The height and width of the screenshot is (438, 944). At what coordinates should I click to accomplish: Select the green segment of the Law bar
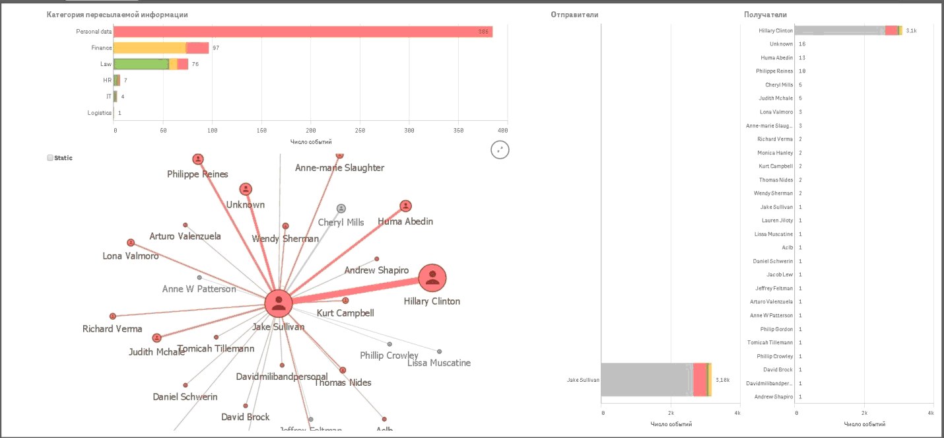[x=141, y=64]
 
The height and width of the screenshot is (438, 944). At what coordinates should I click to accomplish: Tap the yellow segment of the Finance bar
[x=149, y=48]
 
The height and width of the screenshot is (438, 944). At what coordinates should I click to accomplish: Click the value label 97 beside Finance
[x=216, y=48]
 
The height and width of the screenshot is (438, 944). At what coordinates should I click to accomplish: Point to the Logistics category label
[x=99, y=113]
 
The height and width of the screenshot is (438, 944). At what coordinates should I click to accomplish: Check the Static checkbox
[x=50, y=159]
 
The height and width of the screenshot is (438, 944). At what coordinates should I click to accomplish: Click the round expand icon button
[x=500, y=150]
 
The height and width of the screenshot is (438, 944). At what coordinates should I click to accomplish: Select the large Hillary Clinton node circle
[x=432, y=279]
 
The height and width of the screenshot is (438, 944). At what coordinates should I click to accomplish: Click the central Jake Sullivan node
[x=279, y=303]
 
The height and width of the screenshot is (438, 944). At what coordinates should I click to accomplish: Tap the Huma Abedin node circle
[x=406, y=206]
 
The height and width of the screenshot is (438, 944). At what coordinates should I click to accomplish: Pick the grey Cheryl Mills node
[x=341, y=209]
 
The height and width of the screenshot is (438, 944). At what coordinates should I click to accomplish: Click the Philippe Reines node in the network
[x=198, y=159]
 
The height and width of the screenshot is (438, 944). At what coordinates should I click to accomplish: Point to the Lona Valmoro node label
[x=131, y=256]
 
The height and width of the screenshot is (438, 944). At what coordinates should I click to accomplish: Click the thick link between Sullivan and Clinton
[x=356, y=291]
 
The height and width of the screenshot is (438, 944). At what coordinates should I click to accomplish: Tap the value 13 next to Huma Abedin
[x=802, y=57]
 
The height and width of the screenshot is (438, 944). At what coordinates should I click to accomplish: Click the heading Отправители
[x=574, y=15]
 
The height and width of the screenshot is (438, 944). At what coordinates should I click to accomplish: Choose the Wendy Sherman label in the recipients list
[x=773, y=194]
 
